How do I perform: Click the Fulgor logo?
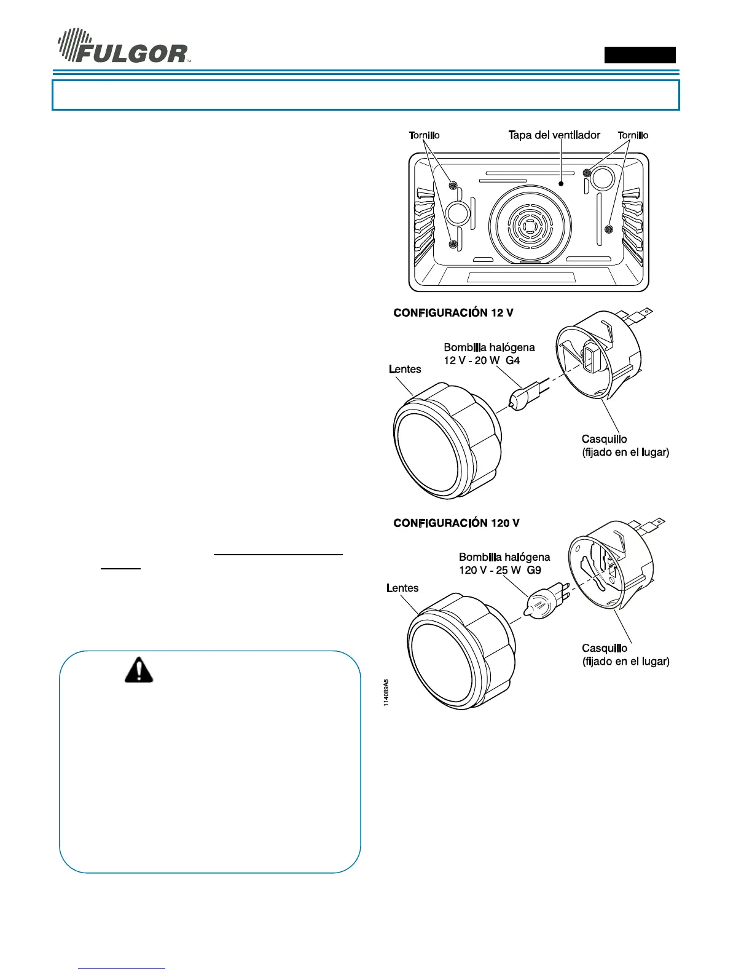pos(123,47)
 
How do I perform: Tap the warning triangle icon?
pos(139,670)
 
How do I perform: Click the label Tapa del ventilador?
pos(554,135)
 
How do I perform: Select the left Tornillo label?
pos(424,135)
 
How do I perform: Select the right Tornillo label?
pos(633,135)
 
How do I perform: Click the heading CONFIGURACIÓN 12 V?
pos(453,313)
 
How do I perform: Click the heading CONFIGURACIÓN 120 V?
pos(456,523)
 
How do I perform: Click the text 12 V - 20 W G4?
pos(482,360)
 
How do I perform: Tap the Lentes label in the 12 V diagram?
pos(405,370)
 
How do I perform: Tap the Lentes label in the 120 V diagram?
pos(402,588)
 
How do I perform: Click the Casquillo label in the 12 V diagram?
pos(604,439)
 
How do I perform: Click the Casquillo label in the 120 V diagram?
pos(605,648)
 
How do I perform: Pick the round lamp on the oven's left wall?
pos(457,213)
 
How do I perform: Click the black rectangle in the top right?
pos(640,55)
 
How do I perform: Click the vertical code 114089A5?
pos(386,692)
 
